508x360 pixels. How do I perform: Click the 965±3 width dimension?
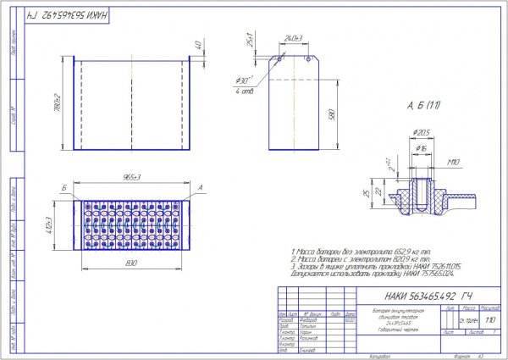131,176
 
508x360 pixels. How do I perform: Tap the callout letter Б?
64,186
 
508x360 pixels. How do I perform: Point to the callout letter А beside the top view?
200,186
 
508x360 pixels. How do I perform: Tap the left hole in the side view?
279,58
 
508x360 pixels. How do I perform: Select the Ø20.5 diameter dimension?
421,133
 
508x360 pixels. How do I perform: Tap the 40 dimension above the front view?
198,45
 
